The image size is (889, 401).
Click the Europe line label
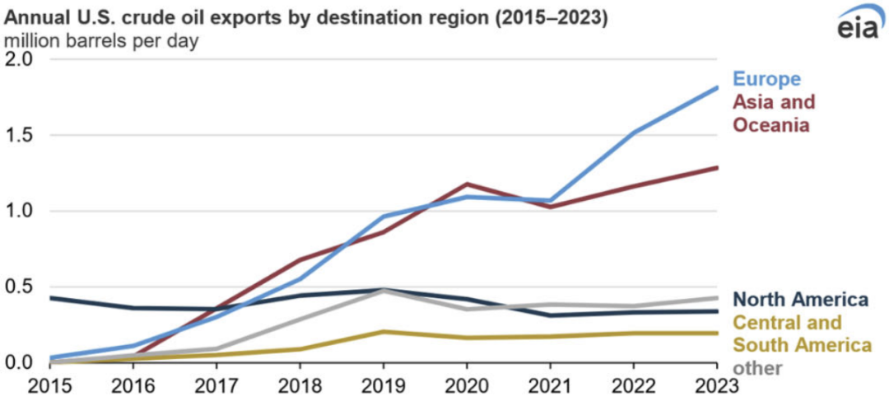click(767, 80)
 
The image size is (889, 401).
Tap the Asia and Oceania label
click(773, 114)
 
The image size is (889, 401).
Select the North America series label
click(800, 299)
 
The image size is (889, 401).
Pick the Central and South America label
click(788, 333)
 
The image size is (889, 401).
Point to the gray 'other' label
click(757, 368)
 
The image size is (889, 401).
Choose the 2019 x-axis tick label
click(383, 386)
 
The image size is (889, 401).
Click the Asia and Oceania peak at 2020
click(468, 184)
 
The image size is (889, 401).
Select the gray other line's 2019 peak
click(383, 291)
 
